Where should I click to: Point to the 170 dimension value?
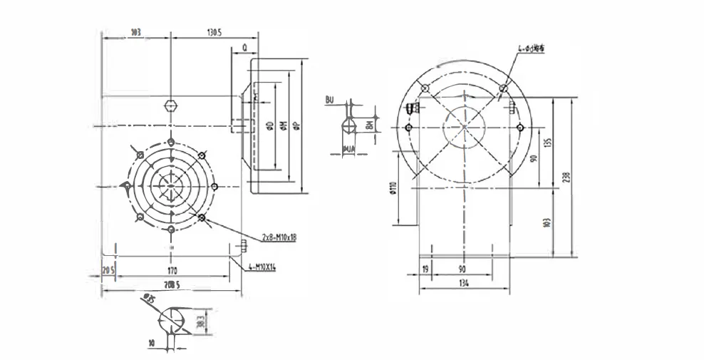click(172, 271)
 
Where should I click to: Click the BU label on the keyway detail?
click(329, 101)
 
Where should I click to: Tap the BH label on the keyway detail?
click(369, 125)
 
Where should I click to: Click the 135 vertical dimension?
click(547, 142)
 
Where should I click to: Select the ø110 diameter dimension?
click(393, 188)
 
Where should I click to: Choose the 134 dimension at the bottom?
click(465, 284)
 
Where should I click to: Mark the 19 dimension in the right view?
click(425, 269)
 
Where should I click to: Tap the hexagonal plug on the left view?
click(170, 106)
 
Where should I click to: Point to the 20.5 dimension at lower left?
click(108, 271)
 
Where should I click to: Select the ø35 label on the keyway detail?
click(148, 297)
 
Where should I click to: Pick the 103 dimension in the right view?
click(547, 222)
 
